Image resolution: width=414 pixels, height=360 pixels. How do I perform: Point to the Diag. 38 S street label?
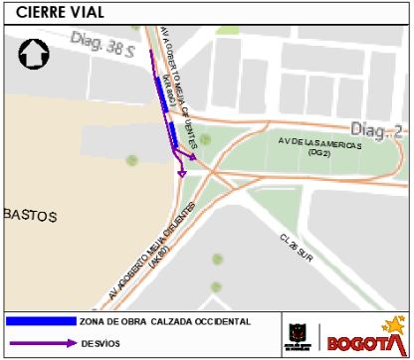102,42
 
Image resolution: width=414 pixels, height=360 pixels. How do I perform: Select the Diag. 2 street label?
375,129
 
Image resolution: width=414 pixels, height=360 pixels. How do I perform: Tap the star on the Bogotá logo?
394,324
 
